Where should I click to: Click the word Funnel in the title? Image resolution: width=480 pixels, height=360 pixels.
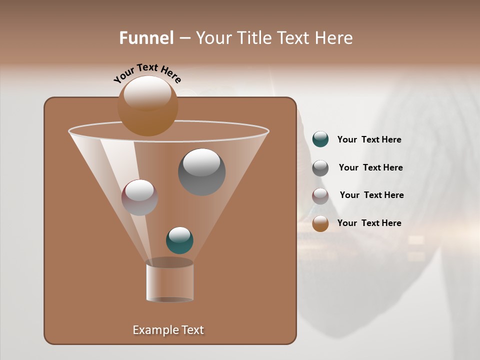(146, 38)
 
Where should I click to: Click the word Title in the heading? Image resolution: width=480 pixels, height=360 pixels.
(254, 38)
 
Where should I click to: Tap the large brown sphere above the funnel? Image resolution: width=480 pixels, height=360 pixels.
(147, 106)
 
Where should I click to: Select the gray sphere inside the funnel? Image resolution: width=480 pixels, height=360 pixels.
(201, 172)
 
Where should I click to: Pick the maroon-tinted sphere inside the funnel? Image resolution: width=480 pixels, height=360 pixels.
(139, 197)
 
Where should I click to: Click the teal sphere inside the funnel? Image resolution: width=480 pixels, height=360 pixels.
(179, 240)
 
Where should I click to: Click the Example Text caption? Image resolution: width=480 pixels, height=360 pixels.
(168, 330)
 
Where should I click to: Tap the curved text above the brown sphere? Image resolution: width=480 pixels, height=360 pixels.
(147, 73)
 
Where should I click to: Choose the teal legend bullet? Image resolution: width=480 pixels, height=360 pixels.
(320, 139)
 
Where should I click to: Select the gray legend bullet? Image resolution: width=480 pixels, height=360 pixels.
(320, 168)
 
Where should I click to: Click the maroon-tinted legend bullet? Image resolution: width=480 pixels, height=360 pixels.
(320, 196)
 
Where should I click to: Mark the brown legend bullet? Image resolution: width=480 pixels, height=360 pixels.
(320, 223)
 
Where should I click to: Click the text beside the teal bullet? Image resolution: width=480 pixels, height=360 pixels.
(369, 140)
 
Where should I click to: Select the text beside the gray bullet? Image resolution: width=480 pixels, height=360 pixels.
(370, 168)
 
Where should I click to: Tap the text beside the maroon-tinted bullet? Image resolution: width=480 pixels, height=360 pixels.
(371, 195)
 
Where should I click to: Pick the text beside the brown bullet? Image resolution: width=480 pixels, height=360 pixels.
(369, 223)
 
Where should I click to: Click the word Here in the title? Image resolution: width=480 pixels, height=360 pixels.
(334, 38)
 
